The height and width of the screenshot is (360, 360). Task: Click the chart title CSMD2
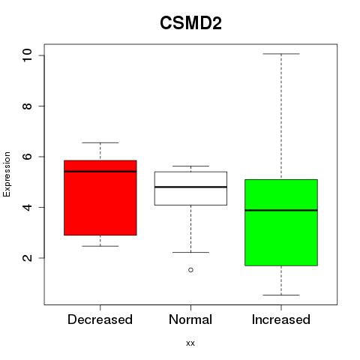pos(190,23)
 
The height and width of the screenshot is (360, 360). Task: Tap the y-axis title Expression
pos(7,174)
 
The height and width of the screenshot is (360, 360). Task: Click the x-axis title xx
pos(190,343)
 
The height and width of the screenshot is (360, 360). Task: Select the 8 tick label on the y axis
pos(27,106)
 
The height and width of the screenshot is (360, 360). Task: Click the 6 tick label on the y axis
pos(27,157)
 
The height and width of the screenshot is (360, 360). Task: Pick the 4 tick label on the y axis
pos(27,207)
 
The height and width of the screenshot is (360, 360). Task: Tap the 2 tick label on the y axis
pos(27,258)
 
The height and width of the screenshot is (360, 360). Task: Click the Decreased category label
pos(100,319)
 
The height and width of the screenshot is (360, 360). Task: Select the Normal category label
pos(190,319)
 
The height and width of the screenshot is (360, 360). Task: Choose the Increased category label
pos(281,319)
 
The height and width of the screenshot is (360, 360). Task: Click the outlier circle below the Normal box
pos(190,270)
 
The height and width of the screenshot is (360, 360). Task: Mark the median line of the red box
pos(100,172)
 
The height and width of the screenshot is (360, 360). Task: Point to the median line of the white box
pos(190,187)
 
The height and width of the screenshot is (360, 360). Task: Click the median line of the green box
pos(281,210)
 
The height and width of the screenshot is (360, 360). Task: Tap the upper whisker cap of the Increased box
pos(281,54)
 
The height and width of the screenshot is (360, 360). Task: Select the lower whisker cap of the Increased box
pos(281,295)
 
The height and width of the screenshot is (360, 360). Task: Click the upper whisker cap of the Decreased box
pos(100,142)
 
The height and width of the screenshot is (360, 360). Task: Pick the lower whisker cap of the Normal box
pos(190,253)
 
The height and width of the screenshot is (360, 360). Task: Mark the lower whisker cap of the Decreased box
pos(100,246)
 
